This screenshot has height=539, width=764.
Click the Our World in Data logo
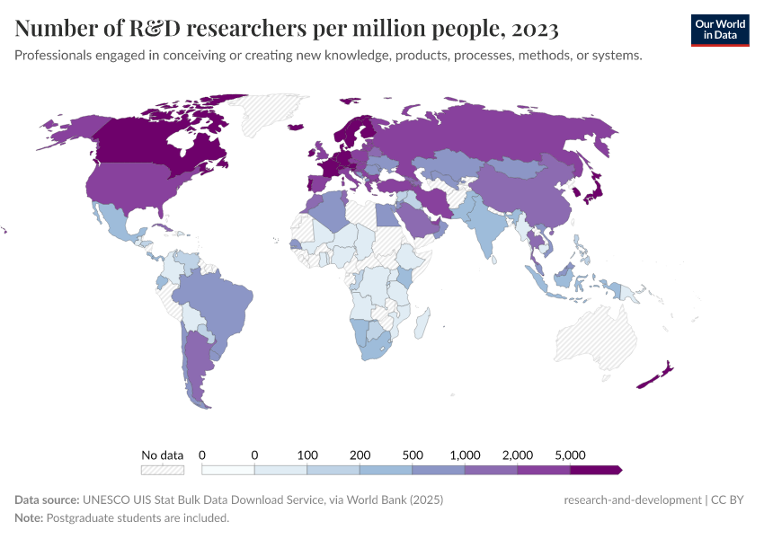point(720,29)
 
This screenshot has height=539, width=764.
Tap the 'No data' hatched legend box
point(163,470)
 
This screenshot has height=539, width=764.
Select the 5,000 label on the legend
point(571,455)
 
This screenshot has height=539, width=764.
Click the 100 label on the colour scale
point(307,455)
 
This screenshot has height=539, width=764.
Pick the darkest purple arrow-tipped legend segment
point(595,470)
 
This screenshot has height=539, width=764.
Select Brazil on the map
point(216,301)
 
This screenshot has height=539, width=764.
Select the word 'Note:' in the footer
point(29,518)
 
